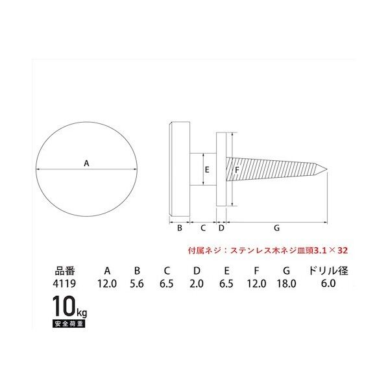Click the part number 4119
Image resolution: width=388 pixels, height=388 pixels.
coord(66,284)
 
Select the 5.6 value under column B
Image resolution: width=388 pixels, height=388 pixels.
coord(137,284)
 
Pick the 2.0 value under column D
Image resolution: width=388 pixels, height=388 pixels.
coord(197,284)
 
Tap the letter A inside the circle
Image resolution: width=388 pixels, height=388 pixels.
coord(87,164)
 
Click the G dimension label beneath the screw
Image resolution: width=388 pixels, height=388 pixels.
coord(276,228)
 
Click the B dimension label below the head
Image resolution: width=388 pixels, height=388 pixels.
coord(179,228)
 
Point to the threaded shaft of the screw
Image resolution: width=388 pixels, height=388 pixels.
coord(273,170)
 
